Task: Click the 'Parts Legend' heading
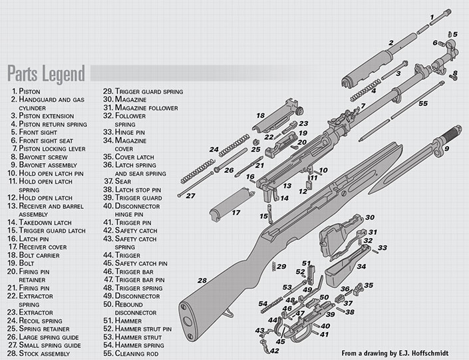point(46,72)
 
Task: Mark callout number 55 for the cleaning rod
point(422,104)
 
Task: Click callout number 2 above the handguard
point(391,43)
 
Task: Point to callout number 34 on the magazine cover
point(362,267)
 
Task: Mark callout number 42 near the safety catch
point(273,349)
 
